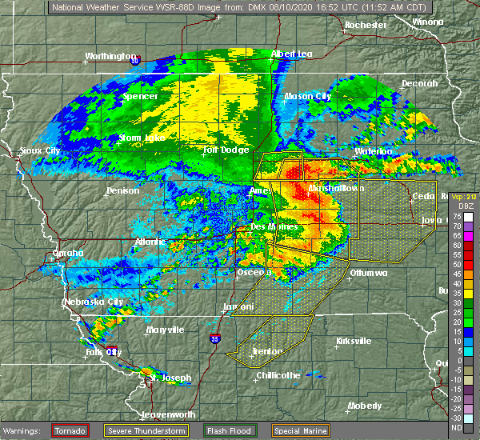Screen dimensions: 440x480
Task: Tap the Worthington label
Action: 111,57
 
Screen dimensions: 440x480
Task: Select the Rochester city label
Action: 366,26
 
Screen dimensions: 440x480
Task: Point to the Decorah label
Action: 419,84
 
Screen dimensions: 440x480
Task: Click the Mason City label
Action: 308,96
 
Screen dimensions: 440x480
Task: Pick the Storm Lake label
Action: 142,138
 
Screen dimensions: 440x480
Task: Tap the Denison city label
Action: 122,190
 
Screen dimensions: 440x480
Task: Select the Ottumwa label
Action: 368,273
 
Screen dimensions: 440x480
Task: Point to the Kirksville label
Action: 353,341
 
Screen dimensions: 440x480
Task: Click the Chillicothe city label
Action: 278,375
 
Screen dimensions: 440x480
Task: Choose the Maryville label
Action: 165,330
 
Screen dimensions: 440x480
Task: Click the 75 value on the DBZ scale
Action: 457,216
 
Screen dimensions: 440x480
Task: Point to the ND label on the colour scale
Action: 457,427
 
